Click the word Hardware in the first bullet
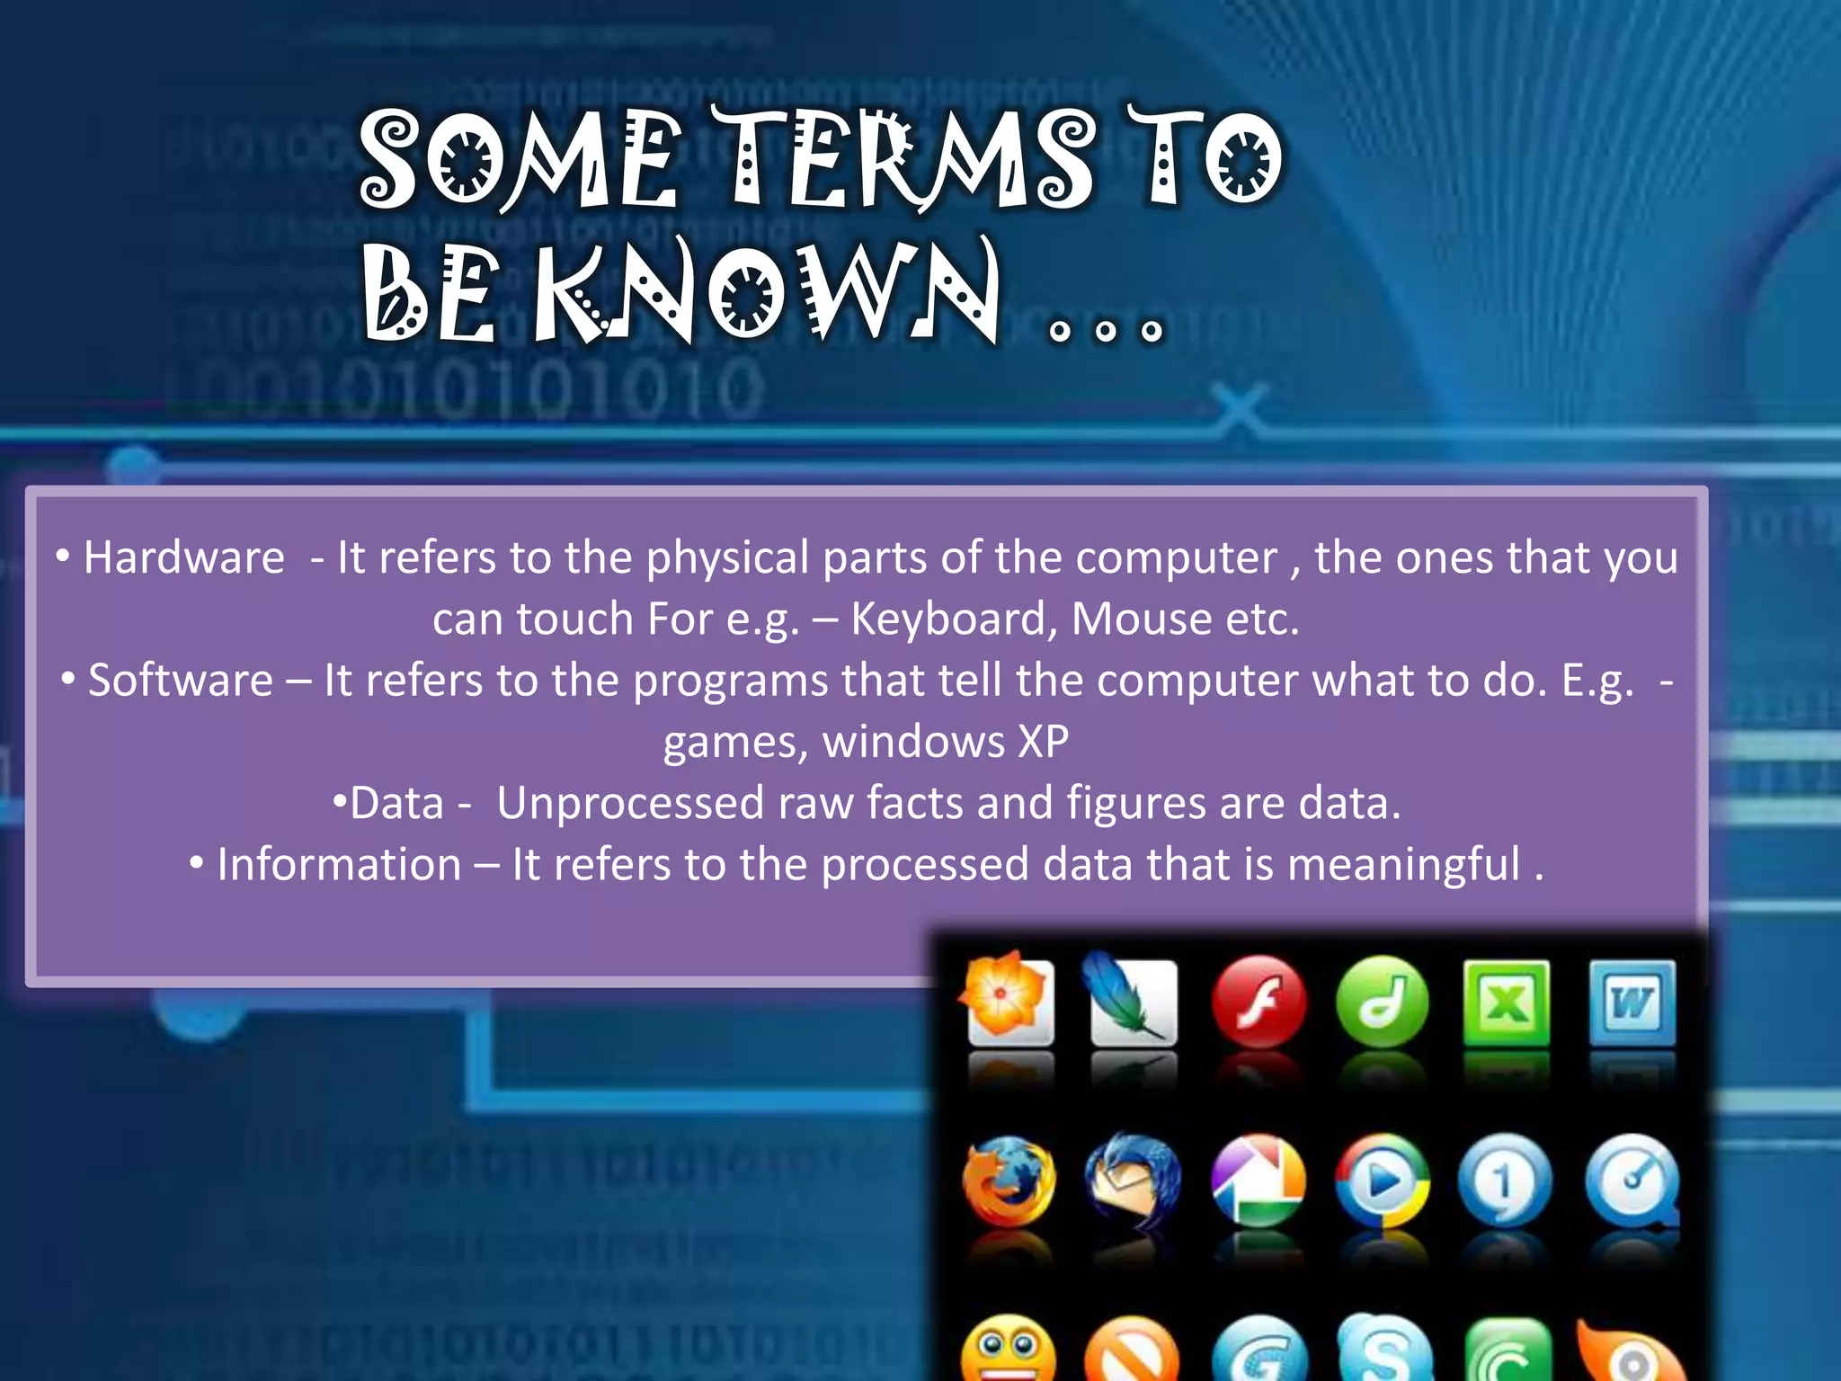[184, 557]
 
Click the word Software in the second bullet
[181, 680]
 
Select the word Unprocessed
[629, 803]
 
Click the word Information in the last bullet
[339, 864]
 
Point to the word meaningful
[1403, 864]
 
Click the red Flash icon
[1258, 1002]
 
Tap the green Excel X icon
[1507, 1002]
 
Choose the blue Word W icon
[1632, 1002]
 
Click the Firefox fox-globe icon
[1009, 1181]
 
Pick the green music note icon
[1382, 1002]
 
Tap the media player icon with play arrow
[1382, 1181]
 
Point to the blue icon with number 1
[1506, 1181]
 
